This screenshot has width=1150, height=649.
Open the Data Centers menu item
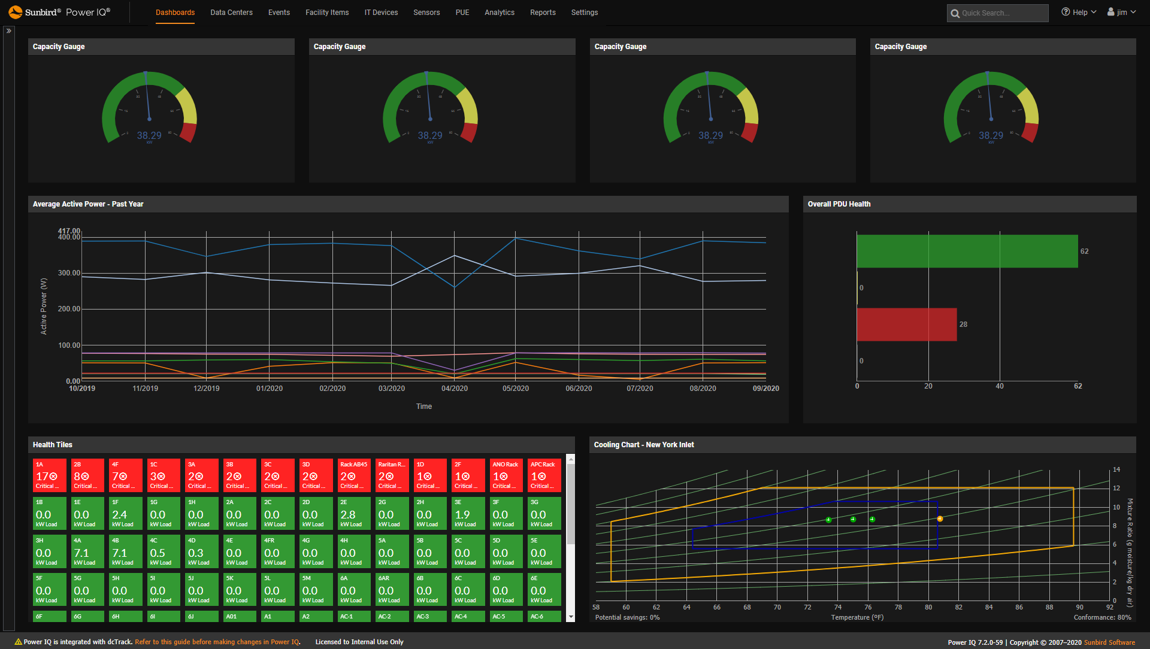[231, 13]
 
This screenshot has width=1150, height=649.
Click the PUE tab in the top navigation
[462, 13]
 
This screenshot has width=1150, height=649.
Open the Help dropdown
[1079, 13]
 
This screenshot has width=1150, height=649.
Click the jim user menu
[1121, 13]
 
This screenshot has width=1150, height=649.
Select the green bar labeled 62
[967, 251]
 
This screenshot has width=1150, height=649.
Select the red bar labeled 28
[906, 324]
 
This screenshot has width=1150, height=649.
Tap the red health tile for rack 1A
[49, 475]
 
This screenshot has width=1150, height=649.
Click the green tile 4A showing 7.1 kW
[87, 551]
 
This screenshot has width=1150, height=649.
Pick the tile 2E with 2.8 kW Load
[354, 513]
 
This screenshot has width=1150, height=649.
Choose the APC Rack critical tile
[544, 475]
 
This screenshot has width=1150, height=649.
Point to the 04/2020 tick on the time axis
[455, 389]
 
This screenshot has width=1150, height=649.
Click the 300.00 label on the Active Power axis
[69, 273]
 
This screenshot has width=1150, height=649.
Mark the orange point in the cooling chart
[940, 519]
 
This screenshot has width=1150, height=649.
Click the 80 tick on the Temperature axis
[928, 607]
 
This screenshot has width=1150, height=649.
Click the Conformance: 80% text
[1102, 617]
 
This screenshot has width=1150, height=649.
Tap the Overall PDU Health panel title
[839, 204]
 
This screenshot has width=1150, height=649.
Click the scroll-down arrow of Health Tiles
[571, 617]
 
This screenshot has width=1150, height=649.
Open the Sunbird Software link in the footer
[1109, 642]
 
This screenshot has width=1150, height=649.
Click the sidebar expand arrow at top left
[9, 31]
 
